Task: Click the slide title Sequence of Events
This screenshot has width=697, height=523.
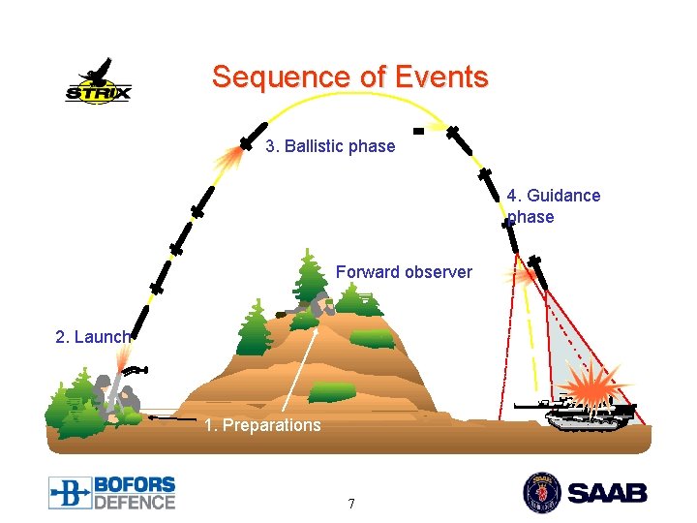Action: (x=349, y=77)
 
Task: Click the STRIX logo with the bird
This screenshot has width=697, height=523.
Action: (x=98, y=81)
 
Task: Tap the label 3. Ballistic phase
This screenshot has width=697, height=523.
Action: (x=330, y=146)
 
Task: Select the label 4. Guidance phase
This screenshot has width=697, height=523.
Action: (x=552, y=205)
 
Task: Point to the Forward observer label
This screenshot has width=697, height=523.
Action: (x=404, y=272)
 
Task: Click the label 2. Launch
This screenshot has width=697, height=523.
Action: (x=92, y=337)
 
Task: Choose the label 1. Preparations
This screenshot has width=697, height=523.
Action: (x=262, y=425)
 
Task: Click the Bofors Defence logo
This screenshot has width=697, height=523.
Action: (x=112, y=492)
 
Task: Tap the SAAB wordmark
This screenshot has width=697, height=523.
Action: (x=606, y=493)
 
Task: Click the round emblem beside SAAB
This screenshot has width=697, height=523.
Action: (x=541, y=492)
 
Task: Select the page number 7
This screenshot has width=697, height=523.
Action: (x=350, y=504)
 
